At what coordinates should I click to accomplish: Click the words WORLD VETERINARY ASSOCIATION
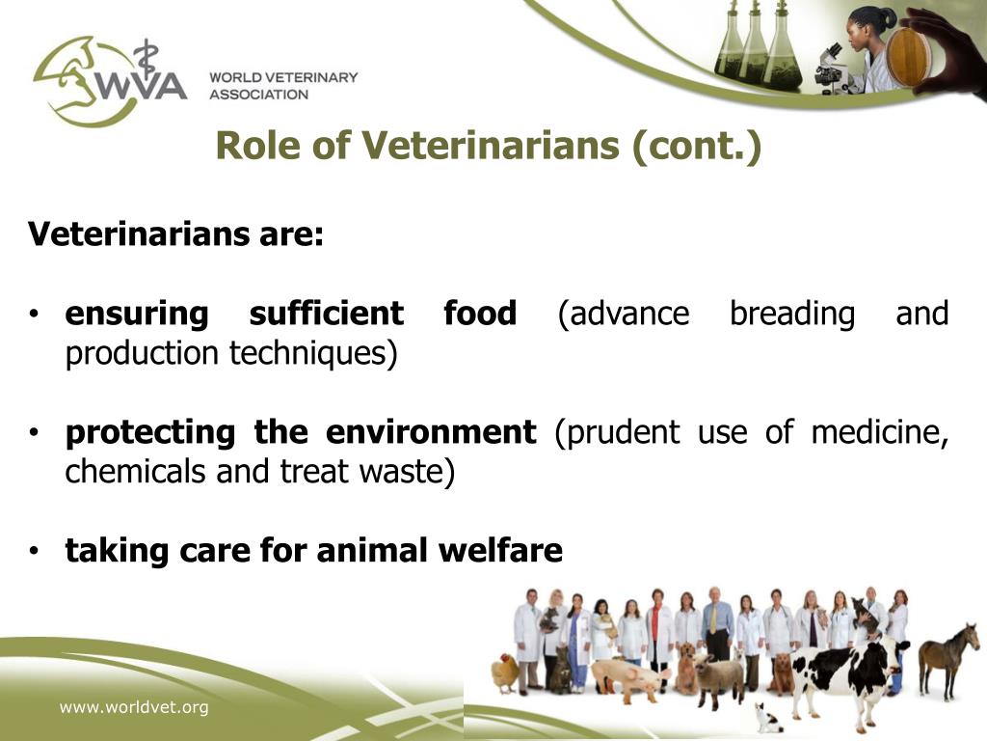283,86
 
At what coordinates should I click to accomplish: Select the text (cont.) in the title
697,146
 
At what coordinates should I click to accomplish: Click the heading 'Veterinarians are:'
175,233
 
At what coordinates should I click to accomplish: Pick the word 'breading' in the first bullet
791,314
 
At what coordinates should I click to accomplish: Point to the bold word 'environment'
430,432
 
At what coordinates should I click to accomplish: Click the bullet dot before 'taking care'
34,551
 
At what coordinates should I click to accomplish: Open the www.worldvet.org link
134,708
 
